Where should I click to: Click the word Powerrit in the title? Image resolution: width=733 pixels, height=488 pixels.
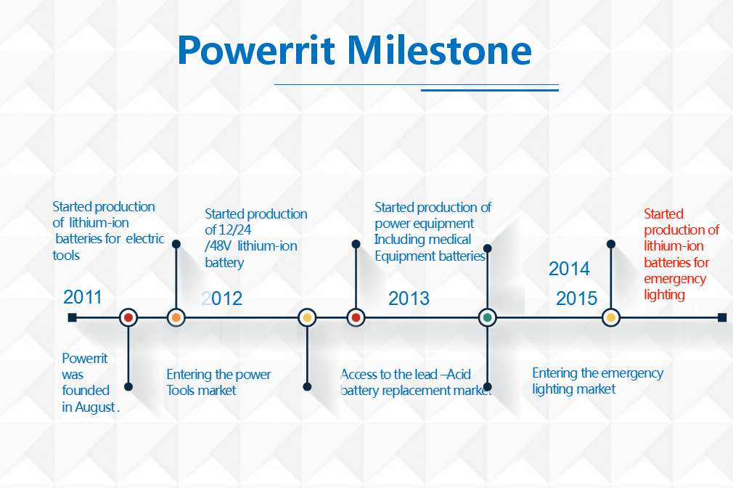[256, 51]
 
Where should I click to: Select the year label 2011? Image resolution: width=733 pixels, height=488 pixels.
[82, 297]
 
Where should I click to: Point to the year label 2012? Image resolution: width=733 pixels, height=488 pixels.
[221, 298]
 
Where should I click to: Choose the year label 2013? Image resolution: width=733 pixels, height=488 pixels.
[409, 298]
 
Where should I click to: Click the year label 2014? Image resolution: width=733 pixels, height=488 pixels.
[569, 269]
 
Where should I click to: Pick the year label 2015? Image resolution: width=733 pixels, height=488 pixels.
[576, 298]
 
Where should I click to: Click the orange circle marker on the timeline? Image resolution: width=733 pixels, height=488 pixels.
[176, 317]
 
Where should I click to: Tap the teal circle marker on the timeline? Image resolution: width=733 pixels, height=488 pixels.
[488, 317]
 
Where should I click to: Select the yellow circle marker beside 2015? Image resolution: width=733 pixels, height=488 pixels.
[611, 317]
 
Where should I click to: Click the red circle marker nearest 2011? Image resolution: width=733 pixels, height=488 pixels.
[128, 317]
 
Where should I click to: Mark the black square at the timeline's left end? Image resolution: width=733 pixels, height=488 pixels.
[72, 317]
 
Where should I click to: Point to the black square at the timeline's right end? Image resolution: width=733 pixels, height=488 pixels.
[722, 317]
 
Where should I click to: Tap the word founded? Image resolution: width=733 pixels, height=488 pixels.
[86, 390]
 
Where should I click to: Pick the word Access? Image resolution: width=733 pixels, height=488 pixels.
[359, 374]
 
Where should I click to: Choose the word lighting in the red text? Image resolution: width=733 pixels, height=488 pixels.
[664, 295]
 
